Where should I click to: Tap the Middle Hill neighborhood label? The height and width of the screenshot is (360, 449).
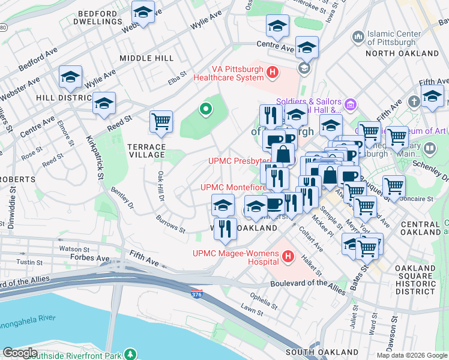pos(146,58)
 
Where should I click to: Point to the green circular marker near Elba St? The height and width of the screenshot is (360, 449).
pos(205,109)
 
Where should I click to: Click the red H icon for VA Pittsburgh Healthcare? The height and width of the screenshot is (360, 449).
pos(273,73)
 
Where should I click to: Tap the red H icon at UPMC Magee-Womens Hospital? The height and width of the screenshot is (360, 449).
pos(288,257)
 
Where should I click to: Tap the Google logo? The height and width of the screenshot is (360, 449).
pos(20,353)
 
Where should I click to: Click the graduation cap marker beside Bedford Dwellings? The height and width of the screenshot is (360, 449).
pos(143,13)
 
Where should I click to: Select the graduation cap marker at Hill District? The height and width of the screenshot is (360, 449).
pos(70,77)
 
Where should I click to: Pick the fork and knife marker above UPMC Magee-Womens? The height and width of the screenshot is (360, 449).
pos(225,229)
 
